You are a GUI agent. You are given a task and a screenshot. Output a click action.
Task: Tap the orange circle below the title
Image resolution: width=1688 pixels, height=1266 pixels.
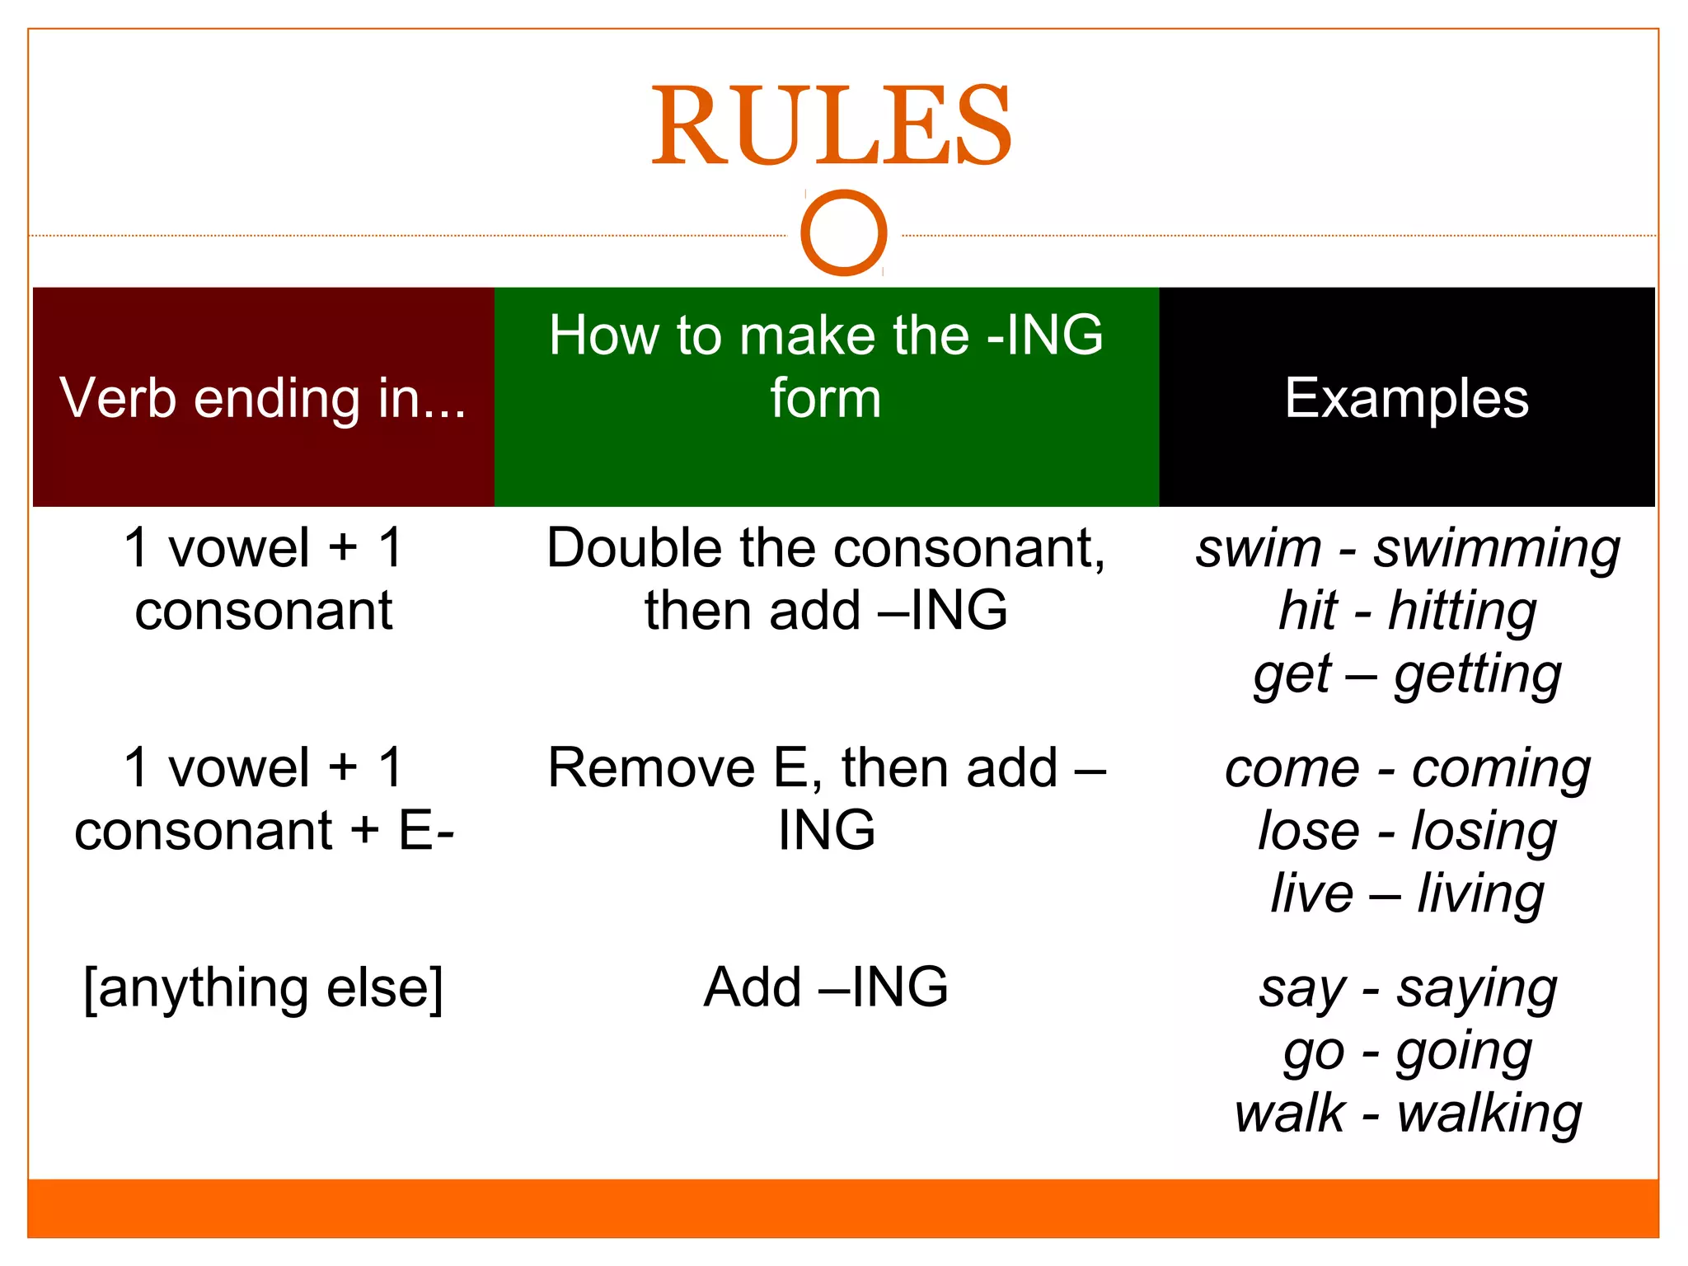point(843,232)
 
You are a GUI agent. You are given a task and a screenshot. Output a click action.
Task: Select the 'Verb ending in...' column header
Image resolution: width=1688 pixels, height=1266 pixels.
point(263,398)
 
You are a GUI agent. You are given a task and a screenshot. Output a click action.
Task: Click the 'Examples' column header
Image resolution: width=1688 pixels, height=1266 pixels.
point(1406,398)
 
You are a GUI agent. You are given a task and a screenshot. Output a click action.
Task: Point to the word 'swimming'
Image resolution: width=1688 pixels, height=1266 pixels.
point(1496,550)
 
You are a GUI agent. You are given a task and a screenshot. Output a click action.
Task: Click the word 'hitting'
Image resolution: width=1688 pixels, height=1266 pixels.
point(1462,612)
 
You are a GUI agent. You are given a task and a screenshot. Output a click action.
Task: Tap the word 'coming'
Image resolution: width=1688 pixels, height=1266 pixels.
point(1501,771)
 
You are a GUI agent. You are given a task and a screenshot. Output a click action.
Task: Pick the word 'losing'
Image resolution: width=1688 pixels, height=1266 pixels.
point(1484,832)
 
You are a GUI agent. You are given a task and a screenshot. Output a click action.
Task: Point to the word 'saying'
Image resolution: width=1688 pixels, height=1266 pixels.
point(1476,990)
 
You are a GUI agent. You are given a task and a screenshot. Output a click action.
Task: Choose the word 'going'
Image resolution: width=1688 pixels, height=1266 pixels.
point(1464,1053)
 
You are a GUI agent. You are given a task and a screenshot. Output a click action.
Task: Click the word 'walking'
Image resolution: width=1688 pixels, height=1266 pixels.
point(1489,1115)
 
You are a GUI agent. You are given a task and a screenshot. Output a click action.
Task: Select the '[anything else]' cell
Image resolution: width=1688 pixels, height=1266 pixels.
point(263,987)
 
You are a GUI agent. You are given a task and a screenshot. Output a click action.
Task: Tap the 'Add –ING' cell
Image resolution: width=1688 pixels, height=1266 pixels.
point(826,987)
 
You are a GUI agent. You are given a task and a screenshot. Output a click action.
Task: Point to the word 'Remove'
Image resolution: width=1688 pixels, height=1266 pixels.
point(651,768)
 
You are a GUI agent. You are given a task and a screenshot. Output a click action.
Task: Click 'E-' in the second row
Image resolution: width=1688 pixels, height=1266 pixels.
point(427,831)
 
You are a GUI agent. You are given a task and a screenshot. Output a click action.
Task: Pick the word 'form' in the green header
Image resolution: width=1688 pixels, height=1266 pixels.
point(826,399)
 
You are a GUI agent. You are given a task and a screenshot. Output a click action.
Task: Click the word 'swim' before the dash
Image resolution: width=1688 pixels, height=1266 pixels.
point(1259,550)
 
